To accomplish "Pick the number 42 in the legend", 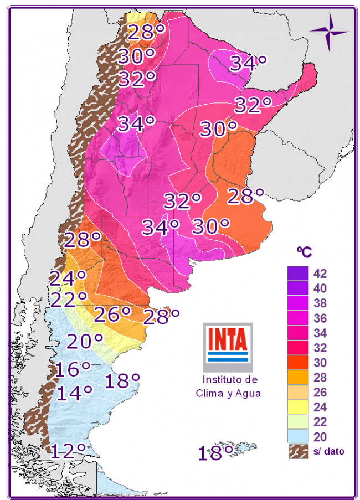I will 320,274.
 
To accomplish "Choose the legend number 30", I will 320,363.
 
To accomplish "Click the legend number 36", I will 320,318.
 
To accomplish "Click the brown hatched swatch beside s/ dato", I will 298,451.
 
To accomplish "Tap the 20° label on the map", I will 85,341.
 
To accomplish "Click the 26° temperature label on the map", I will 112,314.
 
